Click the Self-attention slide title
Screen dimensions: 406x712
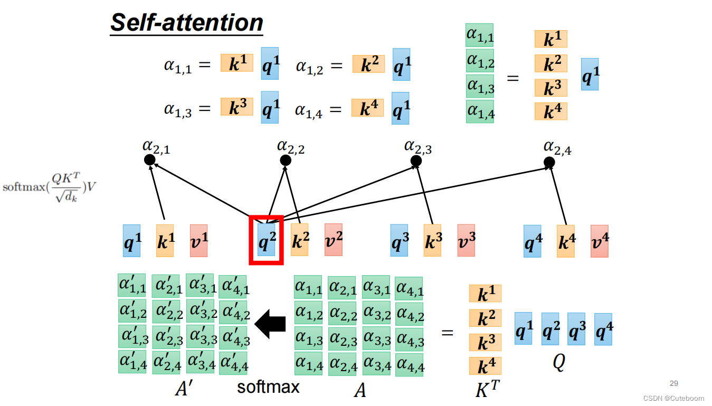(x=186, y=23)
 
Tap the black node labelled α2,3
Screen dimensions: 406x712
(x=416, y=160)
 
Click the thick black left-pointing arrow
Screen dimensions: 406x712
(x=270, y=324)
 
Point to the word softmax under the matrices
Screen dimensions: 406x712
(x=268, y=387)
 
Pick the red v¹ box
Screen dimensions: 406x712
(x=198, y=241)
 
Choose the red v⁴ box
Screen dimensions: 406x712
(x=599, y=241)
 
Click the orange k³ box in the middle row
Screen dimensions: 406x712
(x=433, y=241)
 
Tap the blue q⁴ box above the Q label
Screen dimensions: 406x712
(x=603, y=329)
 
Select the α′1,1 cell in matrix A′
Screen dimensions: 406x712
(x=131, y=285)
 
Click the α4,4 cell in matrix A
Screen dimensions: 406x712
(x=409, y=364)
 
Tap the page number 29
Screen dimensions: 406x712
(x=673, y=383)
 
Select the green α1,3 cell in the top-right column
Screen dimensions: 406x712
(x=480, y=87)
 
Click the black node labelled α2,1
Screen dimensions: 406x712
(x=149, y=159)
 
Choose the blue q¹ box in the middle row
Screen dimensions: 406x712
(x=132, y=241)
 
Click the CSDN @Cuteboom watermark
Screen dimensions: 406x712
(x=677, y=399)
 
